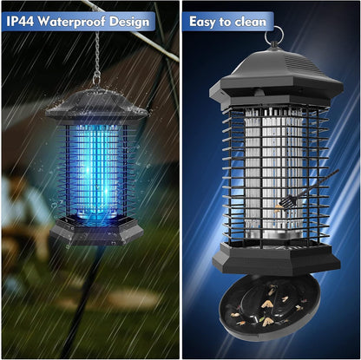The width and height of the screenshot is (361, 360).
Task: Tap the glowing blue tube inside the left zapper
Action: click(95, 165)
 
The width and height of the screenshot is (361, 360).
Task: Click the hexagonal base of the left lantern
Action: click(95, 230)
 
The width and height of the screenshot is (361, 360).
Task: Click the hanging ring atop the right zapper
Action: click(275, 35)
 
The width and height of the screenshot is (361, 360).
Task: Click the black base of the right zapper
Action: click(274, 256)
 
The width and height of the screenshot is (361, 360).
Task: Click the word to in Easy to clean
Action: click(229, 20)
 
